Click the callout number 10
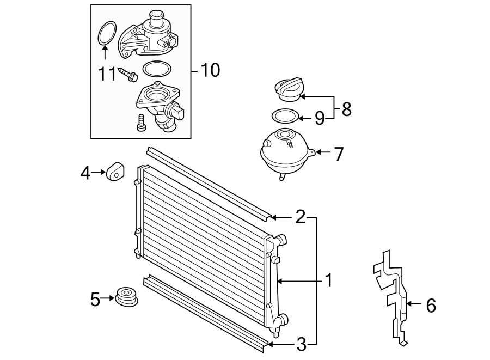(210, 70)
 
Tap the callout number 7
(339, 154)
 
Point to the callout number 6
(431, 306)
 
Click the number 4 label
(85, 173)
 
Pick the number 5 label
(95, 299)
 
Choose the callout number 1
(328, 281)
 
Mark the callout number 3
(301, 344)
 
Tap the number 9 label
(319, 117)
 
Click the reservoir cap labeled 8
(289, 90)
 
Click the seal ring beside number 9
(285, 116)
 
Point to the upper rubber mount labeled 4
(115, 172)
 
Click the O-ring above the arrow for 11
(106, 33)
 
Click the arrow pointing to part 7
(322, 152)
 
